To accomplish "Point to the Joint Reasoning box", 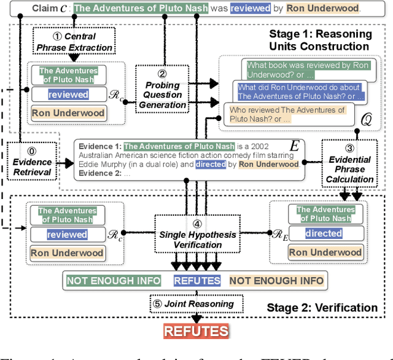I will click(197, 303).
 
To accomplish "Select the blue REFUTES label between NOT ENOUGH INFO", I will click(197, 281).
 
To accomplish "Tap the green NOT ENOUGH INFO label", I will click(114, 281).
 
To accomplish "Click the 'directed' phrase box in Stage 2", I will click(324, 233).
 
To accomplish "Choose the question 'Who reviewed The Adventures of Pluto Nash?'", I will click(287, 114).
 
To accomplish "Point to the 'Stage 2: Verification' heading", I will click(322, 308).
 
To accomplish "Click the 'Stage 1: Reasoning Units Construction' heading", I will click(319, 41).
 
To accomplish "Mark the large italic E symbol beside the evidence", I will click(294, 146).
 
